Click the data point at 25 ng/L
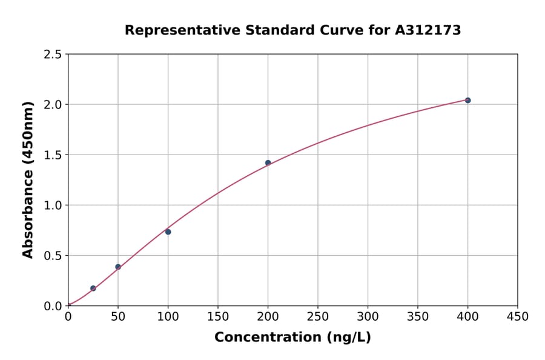[x=93, y=288]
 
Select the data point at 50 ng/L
[x=118, y=267]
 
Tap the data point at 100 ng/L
[x=168, y=232]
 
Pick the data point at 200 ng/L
[x=268, y=163]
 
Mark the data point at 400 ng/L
[x=467, y=100]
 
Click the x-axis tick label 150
[x=218, y=317]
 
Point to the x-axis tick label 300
[x=368, y=317]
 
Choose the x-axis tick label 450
[x=518, y=317]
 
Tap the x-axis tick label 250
[x=318, y=317]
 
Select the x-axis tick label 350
[x=418, y=317]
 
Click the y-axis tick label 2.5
[x=53, y=55]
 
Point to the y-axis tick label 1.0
[x=53, y=205]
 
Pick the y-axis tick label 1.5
[x=53, y=155]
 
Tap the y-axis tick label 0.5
[x=53, y=256]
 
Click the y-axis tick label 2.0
[x=53, y=105]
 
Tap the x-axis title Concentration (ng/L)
[x=292, y=338]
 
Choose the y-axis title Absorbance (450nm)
[x=28, y=180]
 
